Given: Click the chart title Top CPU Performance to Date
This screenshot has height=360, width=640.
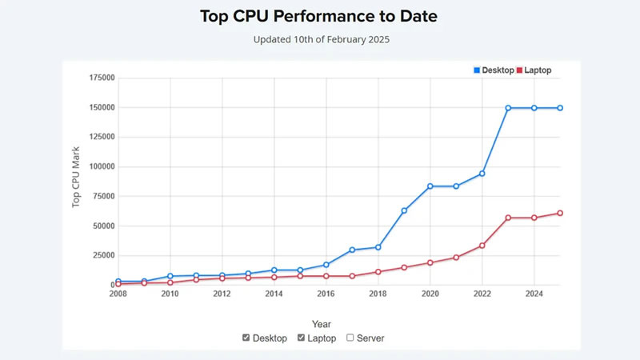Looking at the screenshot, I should [319, 16].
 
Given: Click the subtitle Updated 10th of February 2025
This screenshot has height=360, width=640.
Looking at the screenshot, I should [319, 38].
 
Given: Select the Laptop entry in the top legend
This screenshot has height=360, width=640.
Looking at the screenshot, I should [534, 70].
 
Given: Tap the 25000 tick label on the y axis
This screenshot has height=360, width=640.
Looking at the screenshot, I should [102, 255].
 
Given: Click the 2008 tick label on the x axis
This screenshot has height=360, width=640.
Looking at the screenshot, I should [118, 294].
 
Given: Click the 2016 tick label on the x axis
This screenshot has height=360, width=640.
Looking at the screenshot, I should [326, 294].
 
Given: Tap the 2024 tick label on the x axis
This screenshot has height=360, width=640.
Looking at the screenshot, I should [534, 294].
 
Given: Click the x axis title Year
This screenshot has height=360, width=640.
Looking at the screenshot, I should [322, 324].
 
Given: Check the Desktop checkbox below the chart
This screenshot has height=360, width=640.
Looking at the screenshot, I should [246, 338].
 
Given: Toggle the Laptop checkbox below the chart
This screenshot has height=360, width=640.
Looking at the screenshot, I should [302, 338].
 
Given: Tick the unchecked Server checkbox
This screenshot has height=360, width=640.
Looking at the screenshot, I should [350, 338].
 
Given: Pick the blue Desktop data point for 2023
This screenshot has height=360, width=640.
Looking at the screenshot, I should [508, 107].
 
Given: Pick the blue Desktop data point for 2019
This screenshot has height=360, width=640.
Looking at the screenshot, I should [404, 210].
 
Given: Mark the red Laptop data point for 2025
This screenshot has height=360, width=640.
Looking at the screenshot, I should [560, 213].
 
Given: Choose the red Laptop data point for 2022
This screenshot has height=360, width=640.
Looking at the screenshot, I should [482, 246].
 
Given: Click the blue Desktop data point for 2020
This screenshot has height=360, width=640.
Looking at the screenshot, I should [430, 186].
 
